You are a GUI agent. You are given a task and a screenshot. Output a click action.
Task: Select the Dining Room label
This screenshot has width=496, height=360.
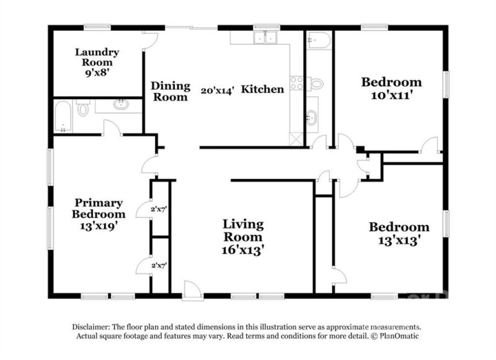[170, 92]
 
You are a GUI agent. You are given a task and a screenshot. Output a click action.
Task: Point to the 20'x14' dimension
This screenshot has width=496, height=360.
[216, 90]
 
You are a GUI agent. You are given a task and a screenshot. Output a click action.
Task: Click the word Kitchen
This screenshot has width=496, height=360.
[262, 89]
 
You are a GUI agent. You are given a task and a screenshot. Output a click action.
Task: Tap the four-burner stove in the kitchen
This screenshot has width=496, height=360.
[296, 83]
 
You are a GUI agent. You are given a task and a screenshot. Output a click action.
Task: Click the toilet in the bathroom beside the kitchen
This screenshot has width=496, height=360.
[316, 83]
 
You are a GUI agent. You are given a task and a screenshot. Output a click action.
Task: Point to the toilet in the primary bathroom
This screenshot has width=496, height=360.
[84, 110]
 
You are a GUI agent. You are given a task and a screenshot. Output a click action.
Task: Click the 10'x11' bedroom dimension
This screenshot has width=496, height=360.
[391, 96]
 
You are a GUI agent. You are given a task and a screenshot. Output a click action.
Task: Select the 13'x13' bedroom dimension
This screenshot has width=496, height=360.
[399, 241]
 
